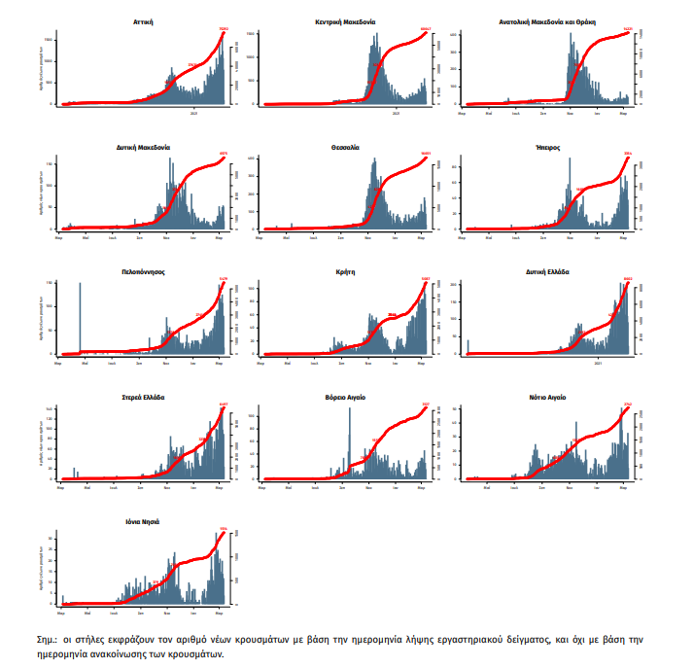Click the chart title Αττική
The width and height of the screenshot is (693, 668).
point(142,20)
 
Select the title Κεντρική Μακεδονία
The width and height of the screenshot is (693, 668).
point(346,20)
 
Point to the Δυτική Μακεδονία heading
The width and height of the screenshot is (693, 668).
point(142,148)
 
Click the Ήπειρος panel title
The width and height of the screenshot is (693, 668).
point(547,148)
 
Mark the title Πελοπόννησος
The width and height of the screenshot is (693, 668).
point(142,272)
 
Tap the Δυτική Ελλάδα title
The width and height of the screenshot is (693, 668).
point(547,272)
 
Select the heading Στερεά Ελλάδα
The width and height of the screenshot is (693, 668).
point(142,398)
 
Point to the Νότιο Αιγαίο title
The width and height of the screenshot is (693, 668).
point(547,398)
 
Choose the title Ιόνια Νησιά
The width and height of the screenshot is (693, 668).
point(142,522)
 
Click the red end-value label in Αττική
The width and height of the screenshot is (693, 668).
point(223,29)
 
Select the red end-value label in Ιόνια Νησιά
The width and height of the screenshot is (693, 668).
point(223,530)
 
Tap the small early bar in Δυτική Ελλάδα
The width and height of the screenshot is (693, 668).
point(468,346)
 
